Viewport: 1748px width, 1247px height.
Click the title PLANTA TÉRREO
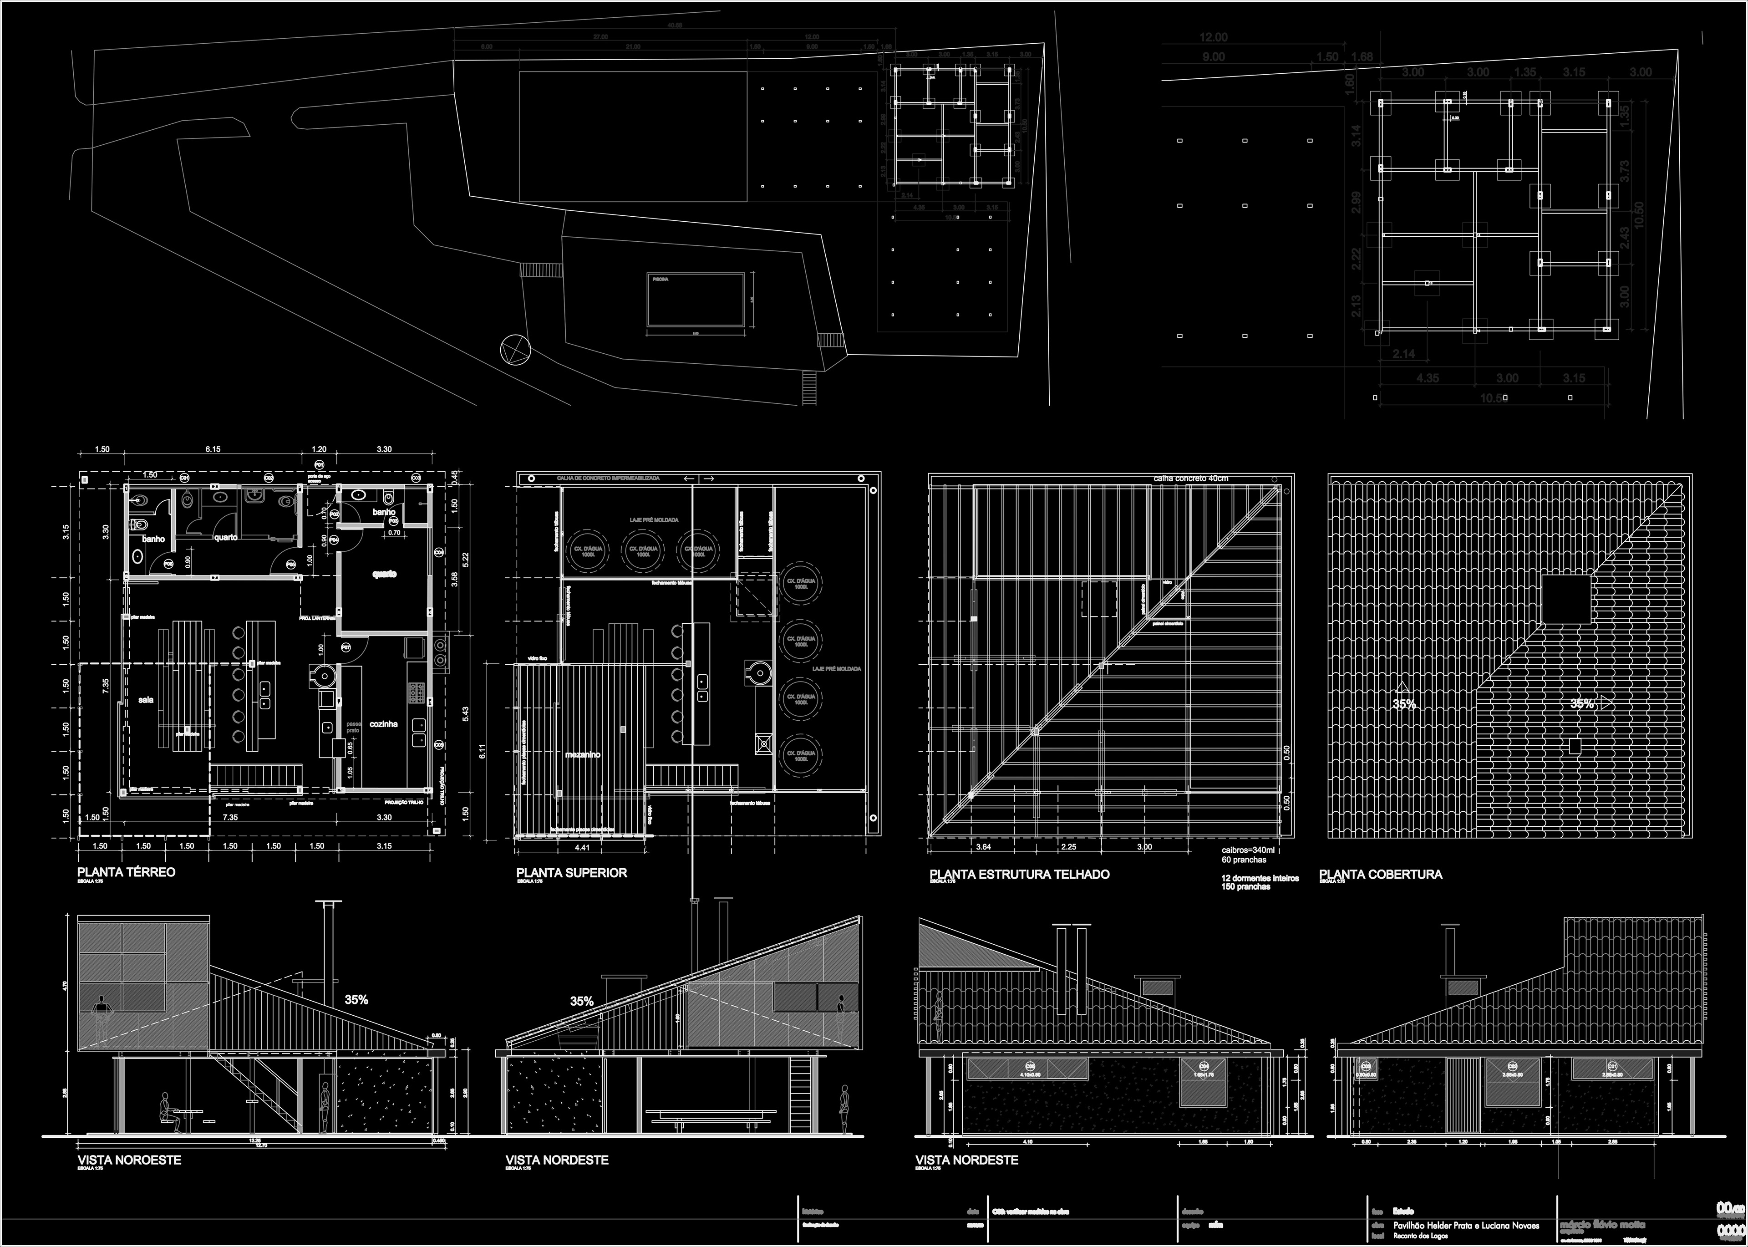coord(127,872)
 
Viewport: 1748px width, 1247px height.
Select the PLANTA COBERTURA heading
coord(1380,874)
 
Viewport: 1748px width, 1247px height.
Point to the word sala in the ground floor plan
coord(146,699)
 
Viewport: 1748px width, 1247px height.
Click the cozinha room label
coord(383,723)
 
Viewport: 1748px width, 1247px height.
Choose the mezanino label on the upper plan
coord(583,755)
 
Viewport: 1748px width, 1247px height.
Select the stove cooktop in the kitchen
coord(420,693)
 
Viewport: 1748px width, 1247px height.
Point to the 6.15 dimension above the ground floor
coord(213,449)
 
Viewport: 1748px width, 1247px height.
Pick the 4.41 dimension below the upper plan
coord(583,848)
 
